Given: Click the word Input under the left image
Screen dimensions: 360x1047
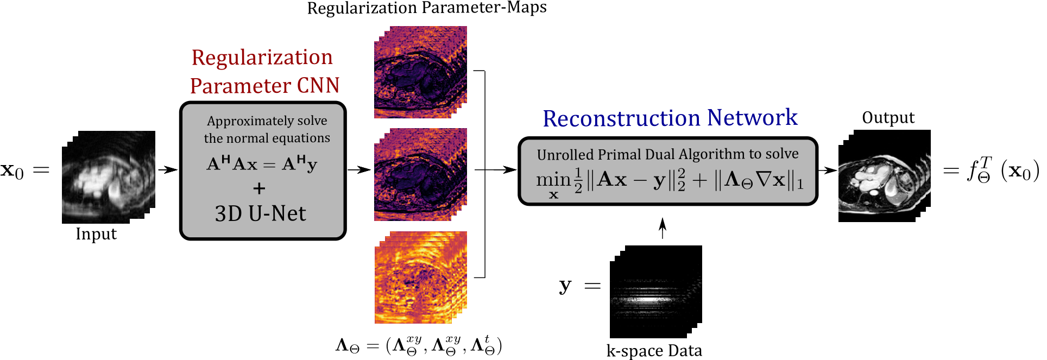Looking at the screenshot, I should [96, 234].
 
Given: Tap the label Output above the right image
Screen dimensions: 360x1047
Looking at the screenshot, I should [888, 118].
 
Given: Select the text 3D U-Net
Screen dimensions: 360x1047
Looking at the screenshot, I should [261, 213].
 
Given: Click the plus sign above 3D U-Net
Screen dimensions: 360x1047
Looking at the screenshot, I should [259, 188].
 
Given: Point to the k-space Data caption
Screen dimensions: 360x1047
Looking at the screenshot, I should [654, 351].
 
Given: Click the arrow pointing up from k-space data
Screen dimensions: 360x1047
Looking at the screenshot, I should [662, 228].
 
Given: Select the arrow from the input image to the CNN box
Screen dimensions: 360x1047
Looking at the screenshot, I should [168, 169].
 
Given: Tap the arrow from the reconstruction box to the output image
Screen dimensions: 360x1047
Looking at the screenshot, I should [827, 170].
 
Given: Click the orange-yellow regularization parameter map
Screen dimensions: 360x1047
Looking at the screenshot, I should [420, 277].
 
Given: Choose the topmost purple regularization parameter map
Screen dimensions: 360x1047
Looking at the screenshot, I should [420, 72].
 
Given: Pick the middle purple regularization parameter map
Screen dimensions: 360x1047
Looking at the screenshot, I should [420, 174].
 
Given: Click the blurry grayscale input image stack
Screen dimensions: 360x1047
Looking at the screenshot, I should [108, 176].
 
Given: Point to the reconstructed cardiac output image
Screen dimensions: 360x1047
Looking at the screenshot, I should [884, 175].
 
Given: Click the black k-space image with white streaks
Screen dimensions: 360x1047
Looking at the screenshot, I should [655, 292].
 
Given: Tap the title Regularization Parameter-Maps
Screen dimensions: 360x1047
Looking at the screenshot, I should [427, 8].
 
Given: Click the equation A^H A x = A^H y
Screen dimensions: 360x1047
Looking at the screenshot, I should [262, 164].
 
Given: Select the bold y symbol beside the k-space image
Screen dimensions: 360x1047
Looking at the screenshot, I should [565, 286].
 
